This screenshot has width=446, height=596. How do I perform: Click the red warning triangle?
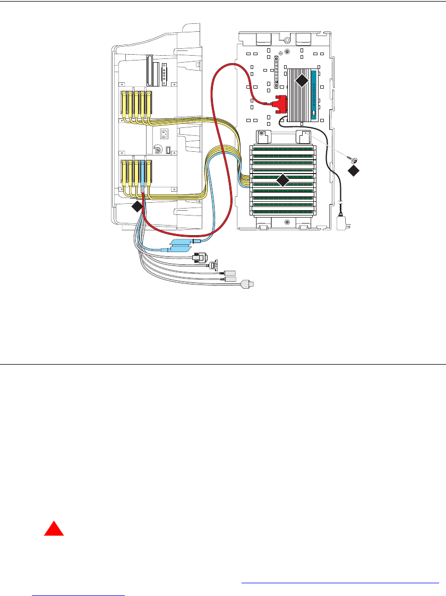(x=53, y=530)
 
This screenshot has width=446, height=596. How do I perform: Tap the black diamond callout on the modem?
(x=301, y=80)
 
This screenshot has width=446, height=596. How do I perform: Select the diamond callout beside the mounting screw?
(x=354, y=170)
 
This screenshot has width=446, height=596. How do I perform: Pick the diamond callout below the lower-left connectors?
(x=137, y=206)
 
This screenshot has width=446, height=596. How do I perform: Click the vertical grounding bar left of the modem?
(x=276, y=72)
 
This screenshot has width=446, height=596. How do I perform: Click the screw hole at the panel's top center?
(x=287, y=40)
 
